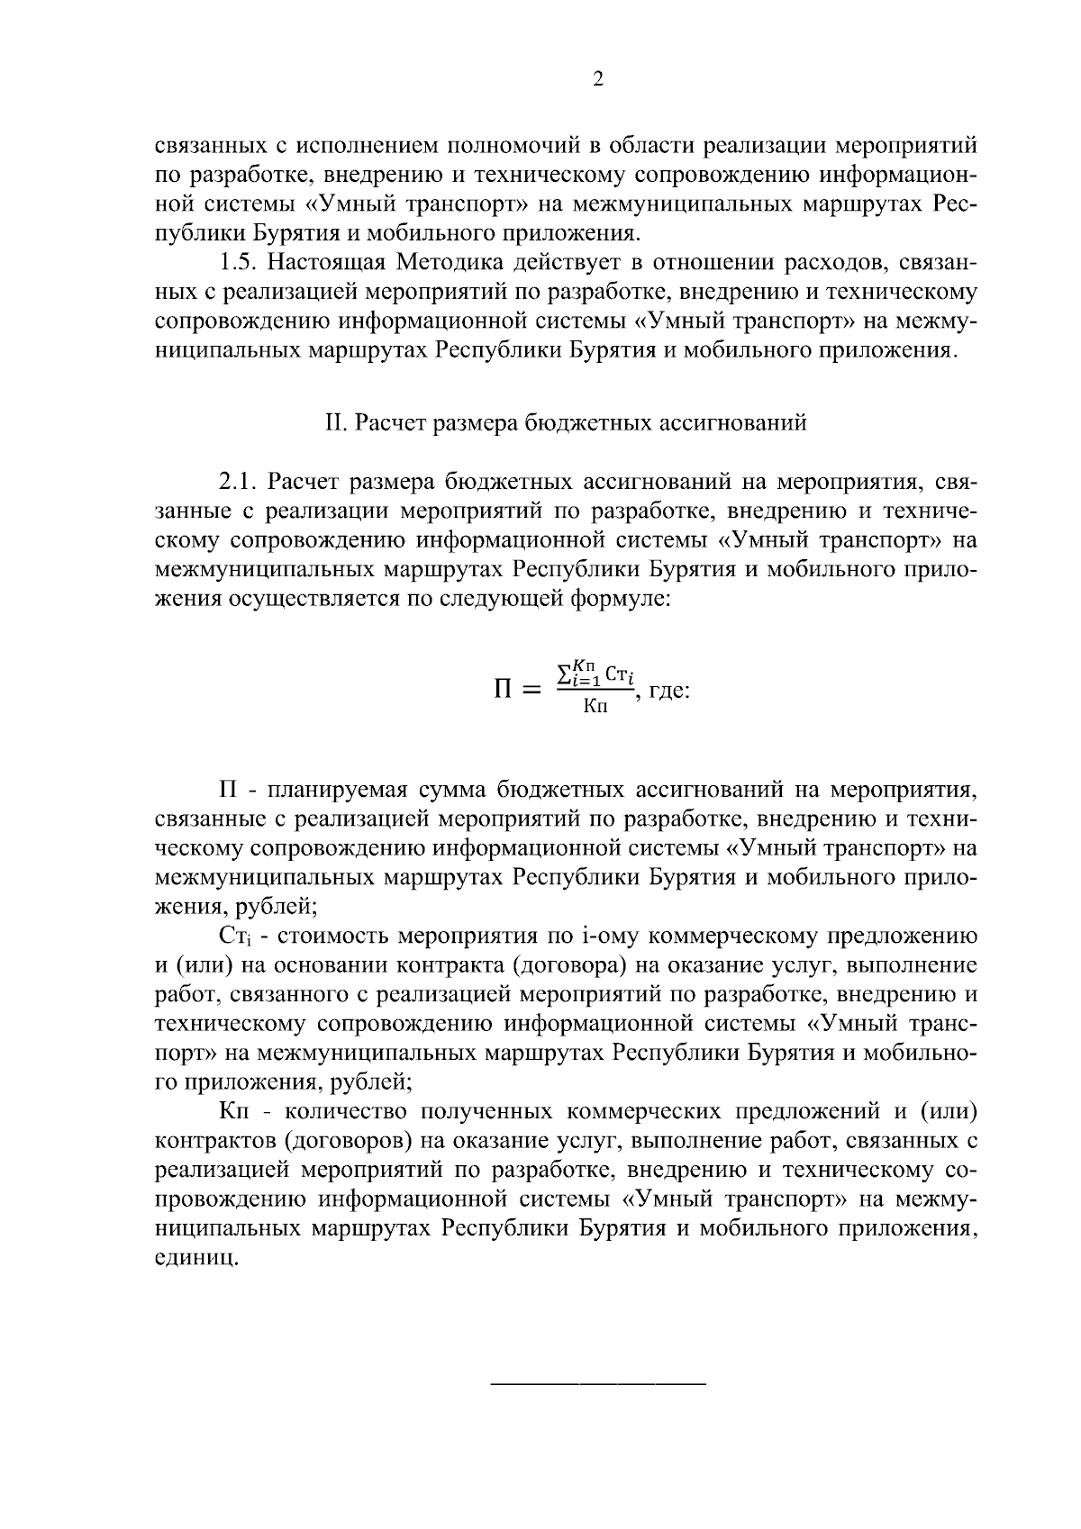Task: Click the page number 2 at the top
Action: (x=597, y=78)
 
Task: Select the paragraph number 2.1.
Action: (x=240, y=482)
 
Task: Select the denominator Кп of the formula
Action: (x=595, y=707)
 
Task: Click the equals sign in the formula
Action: (x=532, y=692)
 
